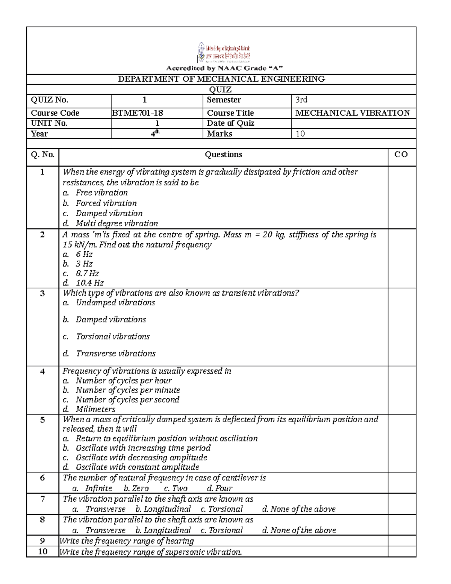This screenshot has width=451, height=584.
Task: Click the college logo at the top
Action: [x=224, y=53]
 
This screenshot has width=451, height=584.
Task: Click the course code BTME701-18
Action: [x=138, y=113]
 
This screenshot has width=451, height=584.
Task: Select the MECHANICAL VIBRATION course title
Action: [x=353, y=113]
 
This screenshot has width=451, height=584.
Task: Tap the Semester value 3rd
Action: [x=301, y=100]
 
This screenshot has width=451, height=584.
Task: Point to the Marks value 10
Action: [x=300, y=133]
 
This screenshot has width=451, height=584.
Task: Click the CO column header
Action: [x=401, y=155]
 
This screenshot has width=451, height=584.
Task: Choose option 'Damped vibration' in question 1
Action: [x=109, y=213]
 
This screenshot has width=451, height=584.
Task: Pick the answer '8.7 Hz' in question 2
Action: [x=87, y=273]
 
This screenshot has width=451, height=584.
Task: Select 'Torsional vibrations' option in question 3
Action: [x=113, y=337]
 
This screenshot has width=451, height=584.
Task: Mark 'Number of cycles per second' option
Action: [x=127, y=400]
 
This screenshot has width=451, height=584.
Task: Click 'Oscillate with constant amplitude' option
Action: [x=137, y=467]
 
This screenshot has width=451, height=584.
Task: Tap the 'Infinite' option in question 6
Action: [x=98, y=488]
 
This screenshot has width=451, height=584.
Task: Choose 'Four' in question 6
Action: [x=224, y=488]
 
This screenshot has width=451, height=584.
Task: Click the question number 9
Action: [x=42, y=541]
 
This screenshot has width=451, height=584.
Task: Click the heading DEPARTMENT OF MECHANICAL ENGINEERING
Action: [x=221, y=79]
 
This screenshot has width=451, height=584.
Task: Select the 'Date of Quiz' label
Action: [x=230, y=123]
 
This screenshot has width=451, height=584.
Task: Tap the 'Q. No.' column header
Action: [x=42, y=155]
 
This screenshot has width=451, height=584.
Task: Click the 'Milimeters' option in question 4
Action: [x=95, y=409]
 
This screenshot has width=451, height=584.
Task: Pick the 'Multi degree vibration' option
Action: [x=117, y=223]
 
